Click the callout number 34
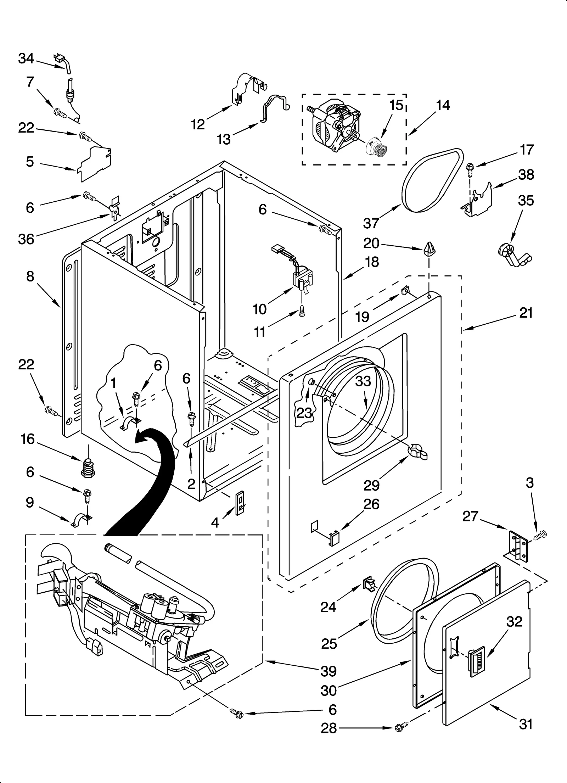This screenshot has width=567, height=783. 26,58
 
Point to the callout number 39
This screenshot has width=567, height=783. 328,671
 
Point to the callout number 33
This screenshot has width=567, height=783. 363,381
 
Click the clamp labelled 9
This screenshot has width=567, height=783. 81,521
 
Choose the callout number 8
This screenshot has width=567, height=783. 30,276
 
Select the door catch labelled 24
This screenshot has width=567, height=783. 369,584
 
